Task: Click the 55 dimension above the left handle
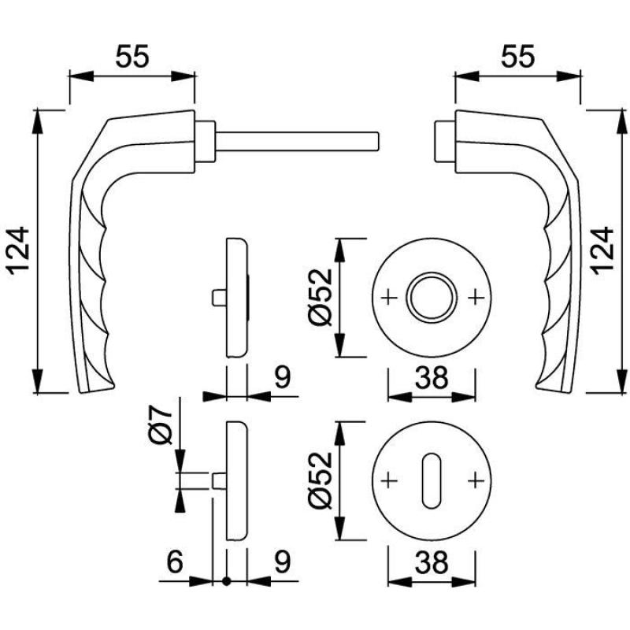pyautogui.click(x=132, y=57)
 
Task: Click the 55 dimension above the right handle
pyautogui.click(x=518, y=57)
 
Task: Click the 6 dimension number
pyautogui.click(x=175, y=561)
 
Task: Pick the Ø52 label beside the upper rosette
pyautogui.click(x=321, y=297)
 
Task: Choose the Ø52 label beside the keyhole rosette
pyautogui.click(x=321, y=481)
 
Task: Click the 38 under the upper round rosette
pyautogui.click(x=431, y=378)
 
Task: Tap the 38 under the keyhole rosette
pyautogui.click(x=431, y=561)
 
